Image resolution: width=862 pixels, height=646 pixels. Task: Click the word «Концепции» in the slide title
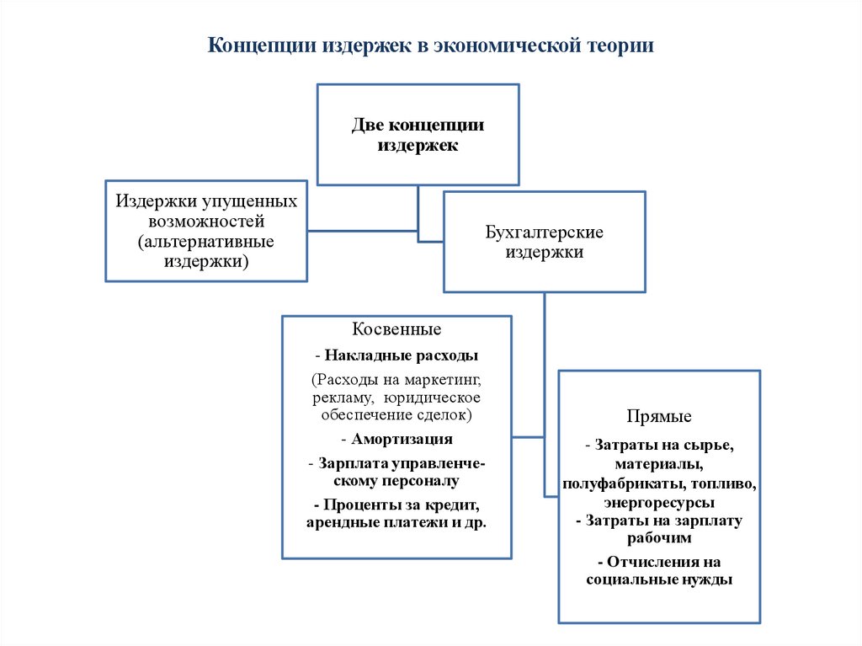coord(261,45)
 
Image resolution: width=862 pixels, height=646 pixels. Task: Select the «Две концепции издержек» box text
coord(418,135)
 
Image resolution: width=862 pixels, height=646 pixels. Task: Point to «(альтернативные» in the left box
coord(206,242)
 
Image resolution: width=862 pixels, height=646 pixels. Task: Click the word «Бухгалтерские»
coord(545,232)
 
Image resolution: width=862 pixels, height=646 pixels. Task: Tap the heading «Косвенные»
coord(396,328)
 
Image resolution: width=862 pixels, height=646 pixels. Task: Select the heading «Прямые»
coord(659,416)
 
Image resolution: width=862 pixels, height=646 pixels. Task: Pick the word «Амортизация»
coord(402,439)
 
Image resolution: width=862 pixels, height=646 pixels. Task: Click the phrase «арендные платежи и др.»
coord(397,522)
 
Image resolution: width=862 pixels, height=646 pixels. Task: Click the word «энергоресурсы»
coord(659,503)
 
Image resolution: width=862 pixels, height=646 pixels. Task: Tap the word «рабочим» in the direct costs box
coord(660,538)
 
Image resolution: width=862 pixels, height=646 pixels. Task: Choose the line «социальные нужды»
coord(659,579)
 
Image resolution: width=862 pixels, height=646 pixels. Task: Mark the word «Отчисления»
coord(649,561)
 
